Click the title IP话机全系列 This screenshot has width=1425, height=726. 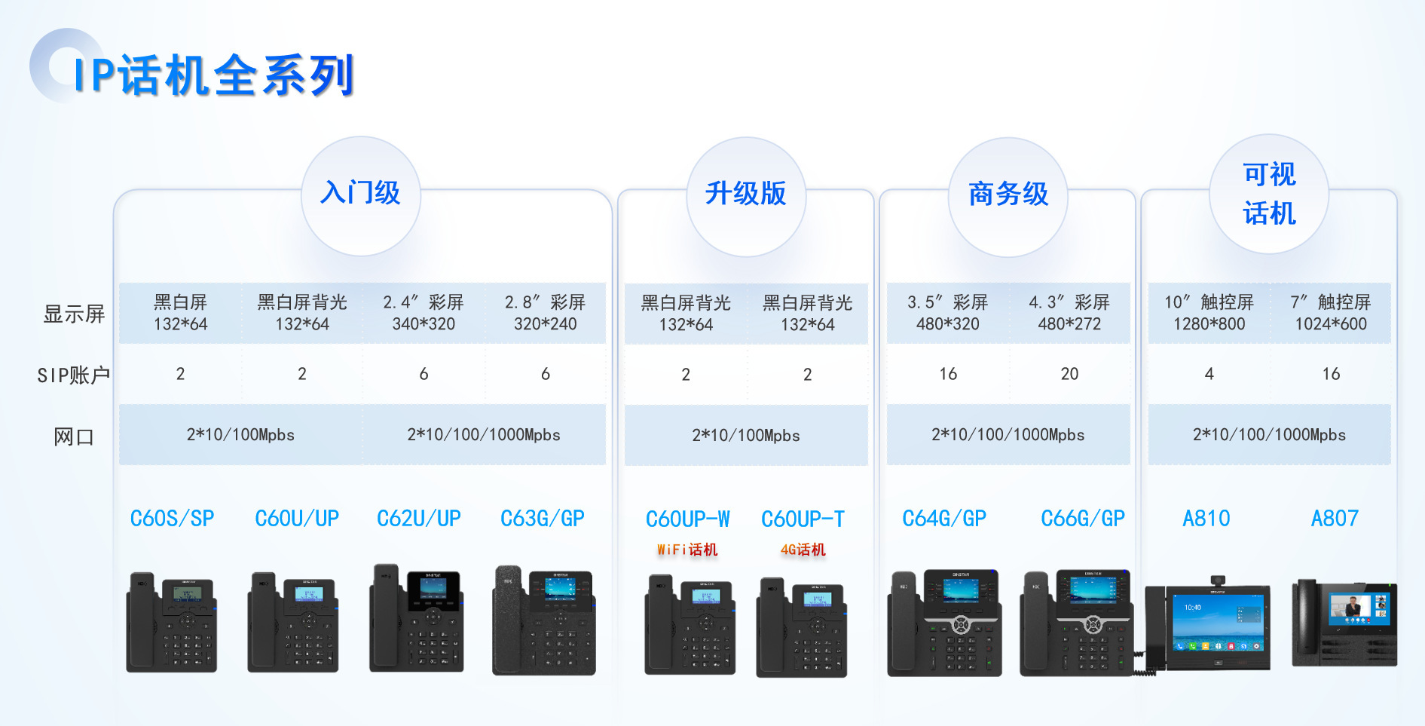coord(213,75)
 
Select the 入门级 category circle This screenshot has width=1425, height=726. coord(361,195)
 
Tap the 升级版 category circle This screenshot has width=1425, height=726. coord(745,195)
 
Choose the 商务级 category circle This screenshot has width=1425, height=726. coord(1008,195)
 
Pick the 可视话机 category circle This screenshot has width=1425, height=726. coord(1269,195)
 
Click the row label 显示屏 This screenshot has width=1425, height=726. coord(74,314)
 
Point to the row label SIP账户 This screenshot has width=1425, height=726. coord(73,375)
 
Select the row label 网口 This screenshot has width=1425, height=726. coord(73,437)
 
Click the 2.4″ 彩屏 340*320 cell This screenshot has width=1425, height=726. coord(424,313)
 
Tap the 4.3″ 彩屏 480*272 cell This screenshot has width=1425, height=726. coord(1069,313)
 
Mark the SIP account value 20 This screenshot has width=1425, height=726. coord(1069,374)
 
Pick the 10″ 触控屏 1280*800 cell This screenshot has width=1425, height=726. coord(1209,313)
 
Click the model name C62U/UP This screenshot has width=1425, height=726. coord(419,519)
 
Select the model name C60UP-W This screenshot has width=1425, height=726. coord(687,519)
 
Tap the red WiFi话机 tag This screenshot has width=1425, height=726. coord(687,550)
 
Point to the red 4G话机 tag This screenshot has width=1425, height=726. coord(803,550)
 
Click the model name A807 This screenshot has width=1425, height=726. coord(1335,519)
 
